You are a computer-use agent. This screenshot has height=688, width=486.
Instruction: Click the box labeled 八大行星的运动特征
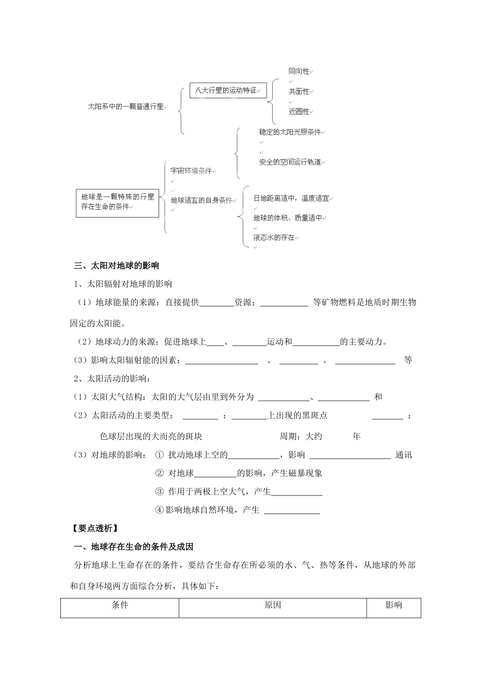tap(228, 91)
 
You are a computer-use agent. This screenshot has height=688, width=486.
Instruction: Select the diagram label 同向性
tap(299, 72)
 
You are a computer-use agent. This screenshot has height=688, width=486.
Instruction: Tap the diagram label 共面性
tap(299, 92)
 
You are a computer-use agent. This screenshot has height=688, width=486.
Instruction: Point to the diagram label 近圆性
tap(299, 111)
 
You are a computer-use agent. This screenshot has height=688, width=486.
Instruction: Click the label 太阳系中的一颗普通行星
tap(126, 107)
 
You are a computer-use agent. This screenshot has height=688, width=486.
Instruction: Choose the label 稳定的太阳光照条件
tap(290, 132)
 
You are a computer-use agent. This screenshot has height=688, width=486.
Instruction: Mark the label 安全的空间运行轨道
tap(290, 162)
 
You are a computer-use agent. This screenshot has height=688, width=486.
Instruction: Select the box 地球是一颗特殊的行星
tap(118, 202)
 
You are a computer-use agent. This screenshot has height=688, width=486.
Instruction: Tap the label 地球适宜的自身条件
tap(202, 200)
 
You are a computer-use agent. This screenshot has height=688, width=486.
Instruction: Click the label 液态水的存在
tap(274, 238)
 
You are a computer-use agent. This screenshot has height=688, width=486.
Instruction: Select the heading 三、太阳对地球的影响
tap(117, 266)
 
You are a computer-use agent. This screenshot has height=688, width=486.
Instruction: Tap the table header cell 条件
tap(120, 605)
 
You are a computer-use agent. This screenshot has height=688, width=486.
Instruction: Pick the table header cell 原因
tap(273, 605)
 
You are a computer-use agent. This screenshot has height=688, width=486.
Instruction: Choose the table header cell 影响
tap(393, 605)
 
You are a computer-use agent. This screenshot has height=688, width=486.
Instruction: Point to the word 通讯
tap(404, 455)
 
